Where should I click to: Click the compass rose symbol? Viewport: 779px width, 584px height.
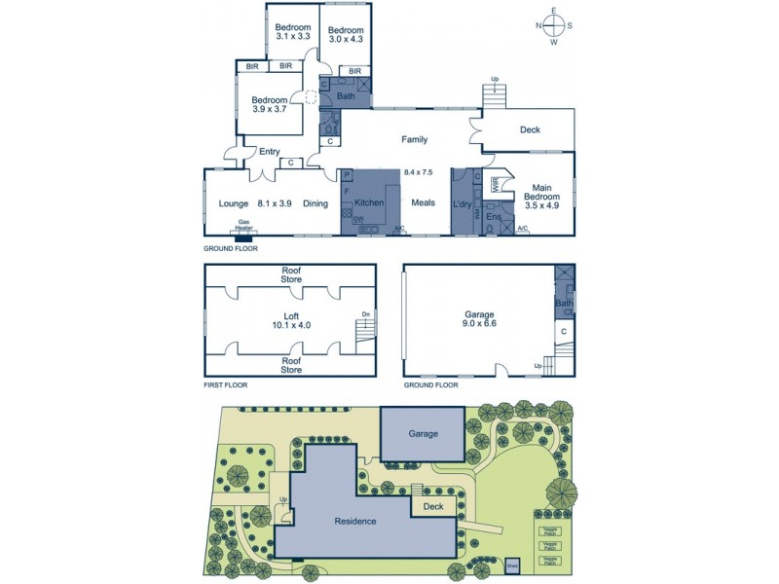(553, 26)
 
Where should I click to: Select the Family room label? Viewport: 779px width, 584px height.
(414, 140)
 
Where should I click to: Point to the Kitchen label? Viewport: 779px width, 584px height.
(369, 202)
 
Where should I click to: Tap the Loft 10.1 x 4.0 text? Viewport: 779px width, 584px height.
(290, 319)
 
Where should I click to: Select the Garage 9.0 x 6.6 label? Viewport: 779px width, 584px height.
(479, 319)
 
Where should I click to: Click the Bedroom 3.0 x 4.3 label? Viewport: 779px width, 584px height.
(345, 34)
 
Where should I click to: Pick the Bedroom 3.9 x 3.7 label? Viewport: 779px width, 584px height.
(270, 104)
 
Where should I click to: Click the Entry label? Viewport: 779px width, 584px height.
(269, 151)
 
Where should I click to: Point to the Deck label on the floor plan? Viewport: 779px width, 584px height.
(529, 129)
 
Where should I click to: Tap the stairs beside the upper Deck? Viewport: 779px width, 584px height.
(496, 95)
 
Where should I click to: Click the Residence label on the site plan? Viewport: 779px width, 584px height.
(354, 521)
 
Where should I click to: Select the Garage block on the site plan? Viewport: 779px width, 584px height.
(423, 434)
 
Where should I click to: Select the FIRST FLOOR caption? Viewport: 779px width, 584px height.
(225, 385)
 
